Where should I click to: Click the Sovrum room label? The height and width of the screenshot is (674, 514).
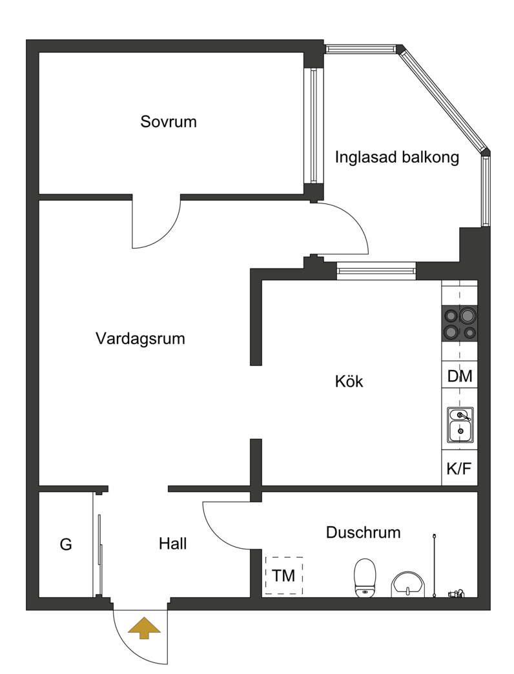[169, 121]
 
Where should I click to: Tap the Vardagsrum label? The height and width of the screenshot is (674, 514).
[140, 339]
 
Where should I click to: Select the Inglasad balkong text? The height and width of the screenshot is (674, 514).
[396, 158]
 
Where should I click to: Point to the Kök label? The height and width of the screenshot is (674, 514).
[349, 382]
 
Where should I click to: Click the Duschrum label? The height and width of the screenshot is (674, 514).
[363, 533]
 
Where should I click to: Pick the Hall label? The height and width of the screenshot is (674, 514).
[173, 544]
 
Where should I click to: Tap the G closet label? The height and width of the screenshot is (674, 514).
[66, 545]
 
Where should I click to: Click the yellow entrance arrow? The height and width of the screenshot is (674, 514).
[145, 628]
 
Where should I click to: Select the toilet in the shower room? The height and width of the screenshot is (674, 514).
[365, 578]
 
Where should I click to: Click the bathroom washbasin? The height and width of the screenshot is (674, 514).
[407, 585]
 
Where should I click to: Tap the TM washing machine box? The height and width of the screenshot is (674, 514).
[283, 576]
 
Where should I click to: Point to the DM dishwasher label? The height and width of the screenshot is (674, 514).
[459, 376]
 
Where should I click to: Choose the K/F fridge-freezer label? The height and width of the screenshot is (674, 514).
[459, 469]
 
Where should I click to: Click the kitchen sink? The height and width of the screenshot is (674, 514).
[460, 425]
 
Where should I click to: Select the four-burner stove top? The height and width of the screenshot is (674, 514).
[460, 323]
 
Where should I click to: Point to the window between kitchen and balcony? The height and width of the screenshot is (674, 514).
[376, 271]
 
